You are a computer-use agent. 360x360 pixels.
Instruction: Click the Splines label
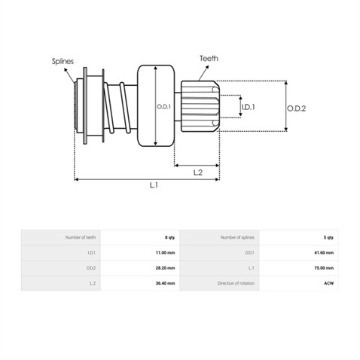(x=63, y=61)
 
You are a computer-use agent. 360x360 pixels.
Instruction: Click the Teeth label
(x=209, y=59)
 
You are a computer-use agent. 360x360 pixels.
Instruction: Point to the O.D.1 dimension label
(x=163, y=107)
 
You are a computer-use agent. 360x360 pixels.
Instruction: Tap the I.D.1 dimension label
(x=248, y=107)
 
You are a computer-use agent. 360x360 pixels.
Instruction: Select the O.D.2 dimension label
(x=297, y=108)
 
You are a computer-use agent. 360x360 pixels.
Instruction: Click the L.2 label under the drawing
(x=198, y=172)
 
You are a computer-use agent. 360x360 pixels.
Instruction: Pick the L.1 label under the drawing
(x=154, y=185)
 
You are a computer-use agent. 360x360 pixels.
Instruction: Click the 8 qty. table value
(x=169, y=237)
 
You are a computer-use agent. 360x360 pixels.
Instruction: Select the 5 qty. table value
(x=328, y=237)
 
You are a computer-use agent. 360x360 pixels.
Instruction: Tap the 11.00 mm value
(x=165, y=253)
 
